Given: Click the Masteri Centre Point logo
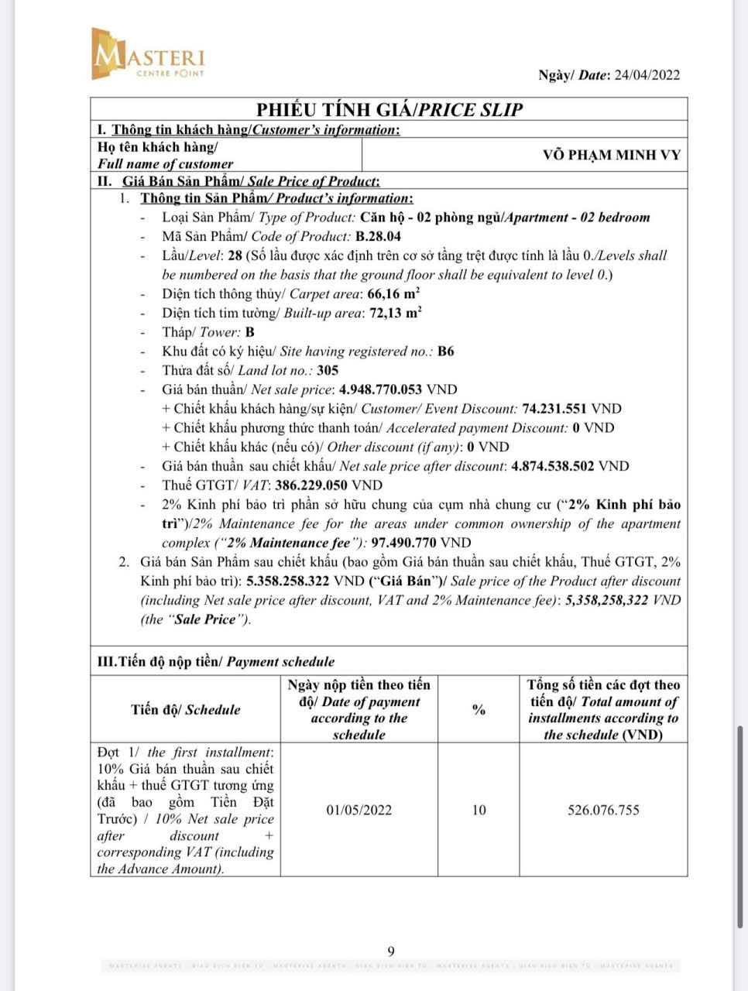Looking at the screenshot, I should pos(147,54).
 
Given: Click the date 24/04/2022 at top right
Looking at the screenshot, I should pos(647,75).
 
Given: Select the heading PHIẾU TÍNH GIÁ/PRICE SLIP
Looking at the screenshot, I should pos(389,109).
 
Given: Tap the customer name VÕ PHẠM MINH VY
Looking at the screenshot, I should pos(612,155).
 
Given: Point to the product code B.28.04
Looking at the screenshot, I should pos(378,237).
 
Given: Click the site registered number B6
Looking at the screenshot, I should pos(445,351).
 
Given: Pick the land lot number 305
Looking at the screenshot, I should pos(328,370).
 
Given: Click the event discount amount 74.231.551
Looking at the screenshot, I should pos(554,409).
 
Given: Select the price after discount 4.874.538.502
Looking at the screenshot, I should pos(553,466).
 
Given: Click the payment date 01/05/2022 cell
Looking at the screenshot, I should pos(359,810).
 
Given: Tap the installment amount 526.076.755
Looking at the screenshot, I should pos(603,810).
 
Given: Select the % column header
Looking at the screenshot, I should pos(479,709).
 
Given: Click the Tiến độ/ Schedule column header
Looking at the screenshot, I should pos(186,709).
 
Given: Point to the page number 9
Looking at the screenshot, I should pos(391,952).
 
